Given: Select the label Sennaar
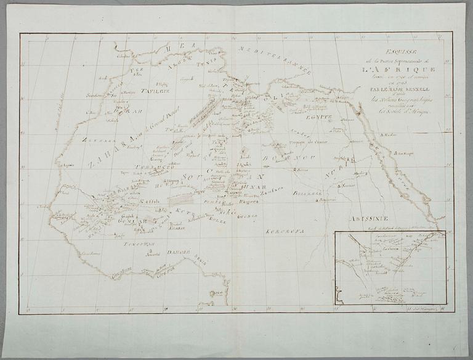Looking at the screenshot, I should (365, 184).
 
